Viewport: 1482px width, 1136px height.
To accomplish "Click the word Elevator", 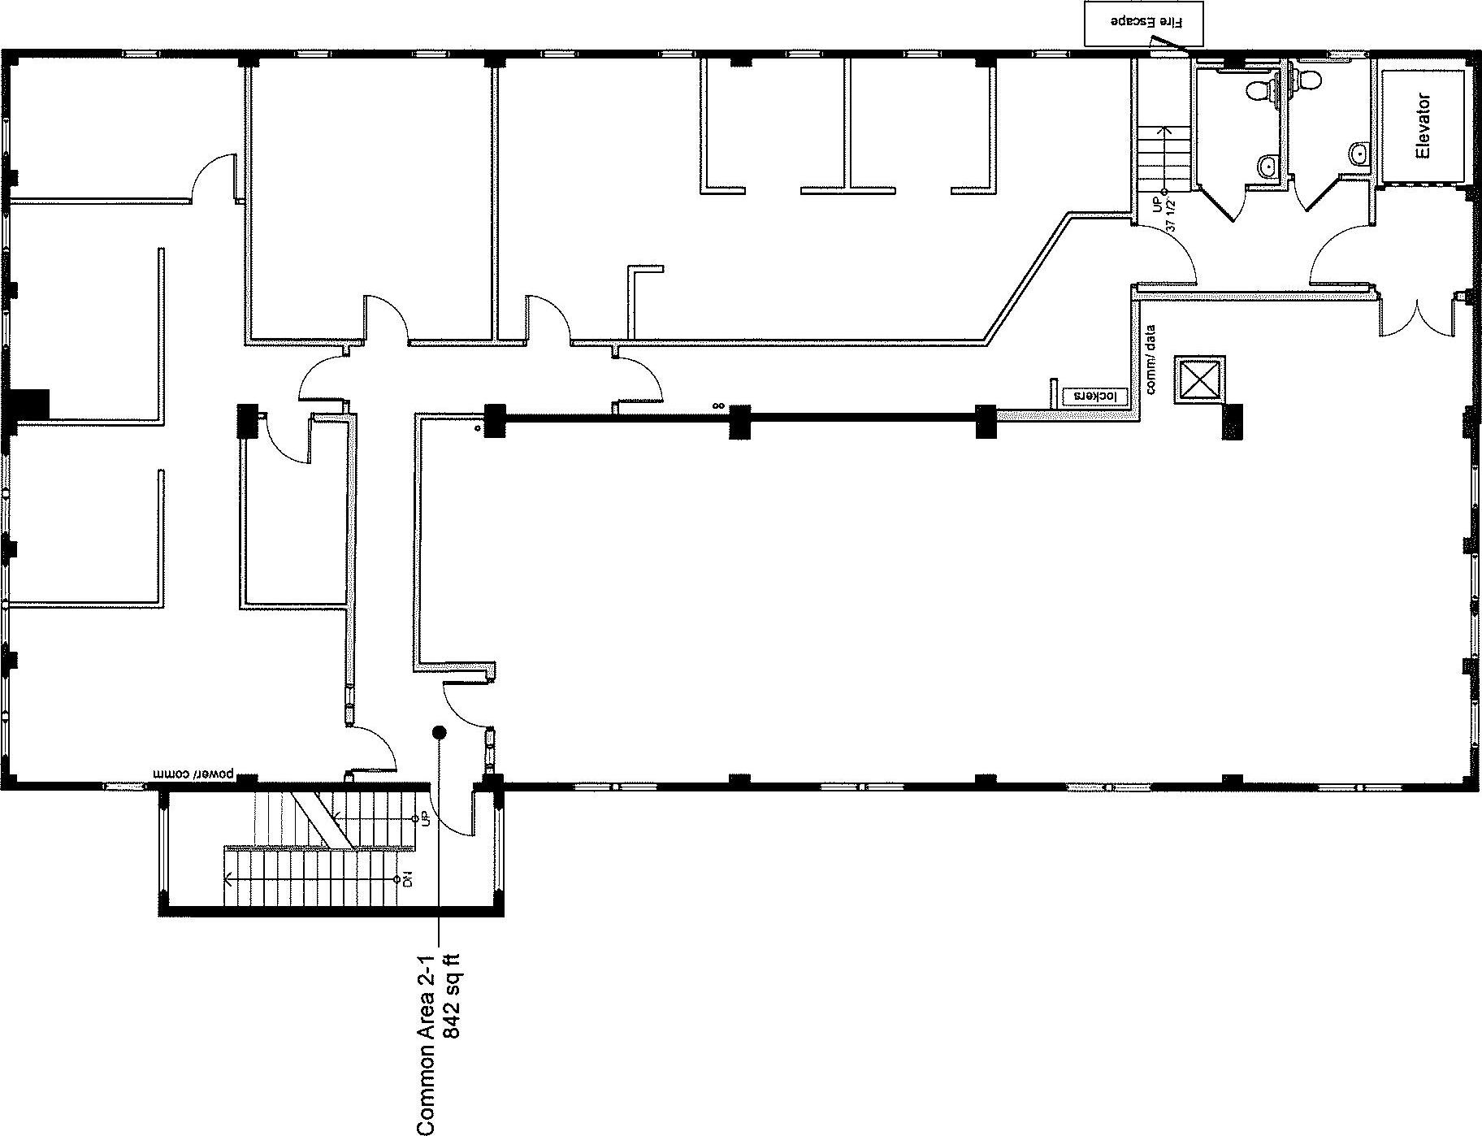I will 1423,126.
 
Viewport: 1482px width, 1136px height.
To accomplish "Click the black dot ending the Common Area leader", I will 440,733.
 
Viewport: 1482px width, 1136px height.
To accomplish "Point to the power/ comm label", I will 195,773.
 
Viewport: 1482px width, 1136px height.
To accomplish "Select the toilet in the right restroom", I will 1306,79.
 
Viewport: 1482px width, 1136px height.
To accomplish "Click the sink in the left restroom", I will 1267,167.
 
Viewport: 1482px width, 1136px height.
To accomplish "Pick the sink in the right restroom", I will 1358,153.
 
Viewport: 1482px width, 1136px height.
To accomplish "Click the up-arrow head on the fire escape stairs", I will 1167,128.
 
